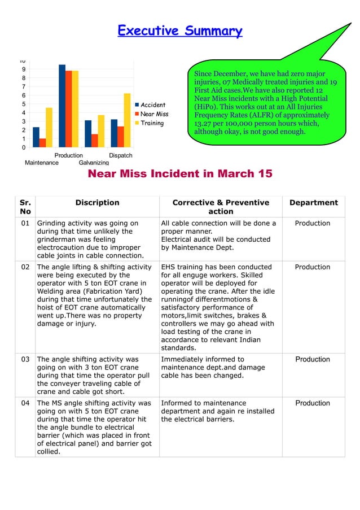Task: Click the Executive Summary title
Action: pos(180,31)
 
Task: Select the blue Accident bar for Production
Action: pos(62,106)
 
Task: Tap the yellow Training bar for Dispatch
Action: pos(128,120)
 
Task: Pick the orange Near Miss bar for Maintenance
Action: pos(43,142)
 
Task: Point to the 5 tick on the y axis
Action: pos(23,104)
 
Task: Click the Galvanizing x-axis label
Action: pos(94,163)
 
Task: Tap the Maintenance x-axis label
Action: pos(42,163)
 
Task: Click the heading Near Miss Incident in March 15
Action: pos(180,174)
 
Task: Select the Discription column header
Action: pos(98,203)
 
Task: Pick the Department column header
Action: pos(313,203)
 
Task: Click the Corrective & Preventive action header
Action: pos(221,207)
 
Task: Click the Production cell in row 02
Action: pos(313,267)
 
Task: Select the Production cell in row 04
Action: pos(313,403)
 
